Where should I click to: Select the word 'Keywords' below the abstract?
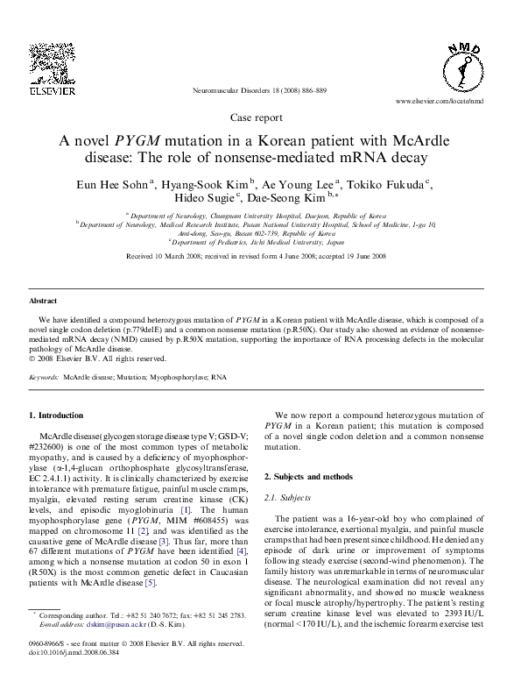44,376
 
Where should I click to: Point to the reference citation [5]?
150,607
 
